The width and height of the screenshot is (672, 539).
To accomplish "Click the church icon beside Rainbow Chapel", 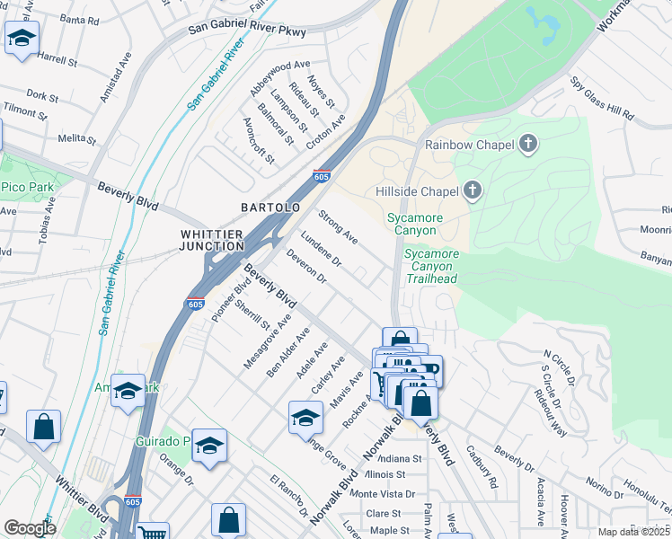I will [528, 144].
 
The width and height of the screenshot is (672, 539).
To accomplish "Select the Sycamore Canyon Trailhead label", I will [430, 267].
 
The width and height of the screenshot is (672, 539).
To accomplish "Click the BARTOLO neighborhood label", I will [270, 208].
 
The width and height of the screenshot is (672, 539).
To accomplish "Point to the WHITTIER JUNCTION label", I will [211, 240].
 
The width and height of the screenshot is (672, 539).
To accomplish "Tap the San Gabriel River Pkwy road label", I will [247, 31].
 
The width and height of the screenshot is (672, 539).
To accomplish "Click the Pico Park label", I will [27, 187].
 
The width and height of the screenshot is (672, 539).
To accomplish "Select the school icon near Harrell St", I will [21, 40].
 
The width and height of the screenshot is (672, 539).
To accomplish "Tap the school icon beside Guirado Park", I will [208, 446].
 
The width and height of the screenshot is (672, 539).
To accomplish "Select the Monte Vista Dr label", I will [382, 494].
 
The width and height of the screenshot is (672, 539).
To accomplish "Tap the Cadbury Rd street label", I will [482, 467].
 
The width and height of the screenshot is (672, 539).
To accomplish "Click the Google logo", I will [30, 528].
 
